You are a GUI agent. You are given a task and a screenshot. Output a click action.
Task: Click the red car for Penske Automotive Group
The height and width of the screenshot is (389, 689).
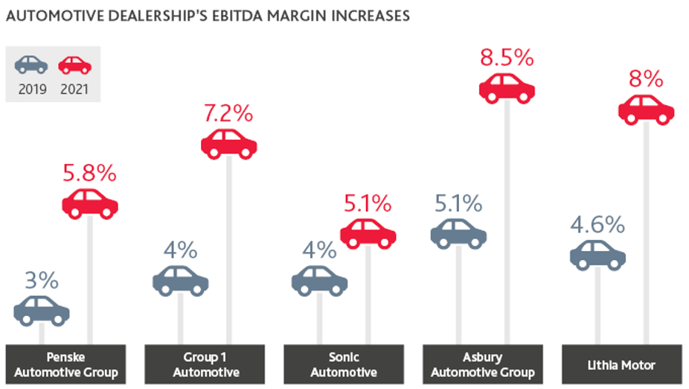point(90,203)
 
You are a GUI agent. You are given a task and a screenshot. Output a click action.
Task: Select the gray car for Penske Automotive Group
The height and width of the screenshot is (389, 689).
point(42,310)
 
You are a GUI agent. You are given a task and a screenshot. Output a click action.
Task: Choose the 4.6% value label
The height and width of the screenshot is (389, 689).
point(597,224)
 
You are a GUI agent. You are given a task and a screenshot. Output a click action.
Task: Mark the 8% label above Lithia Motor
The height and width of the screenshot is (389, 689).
point(646,79)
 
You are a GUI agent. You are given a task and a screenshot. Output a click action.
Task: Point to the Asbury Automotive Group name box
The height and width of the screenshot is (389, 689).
point(481,364)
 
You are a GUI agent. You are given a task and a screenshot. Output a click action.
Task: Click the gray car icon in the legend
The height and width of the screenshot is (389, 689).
point(31,66)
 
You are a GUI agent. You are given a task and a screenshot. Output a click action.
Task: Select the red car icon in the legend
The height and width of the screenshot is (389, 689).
point(74,66)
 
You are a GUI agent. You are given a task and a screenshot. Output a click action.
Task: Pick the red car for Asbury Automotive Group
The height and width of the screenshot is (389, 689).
point(507,87)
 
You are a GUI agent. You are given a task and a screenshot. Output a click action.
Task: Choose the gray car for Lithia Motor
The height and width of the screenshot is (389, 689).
point(597,255)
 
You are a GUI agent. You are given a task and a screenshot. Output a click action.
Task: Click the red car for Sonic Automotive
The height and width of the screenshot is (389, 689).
point(368,233)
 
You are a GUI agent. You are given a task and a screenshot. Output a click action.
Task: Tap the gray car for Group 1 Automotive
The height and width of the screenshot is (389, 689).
point(181,280)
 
